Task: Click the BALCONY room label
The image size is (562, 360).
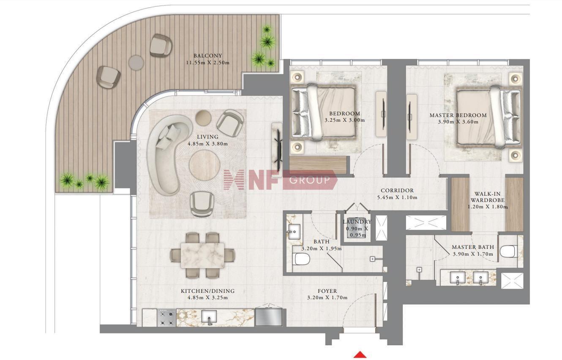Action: [x=207, y=56]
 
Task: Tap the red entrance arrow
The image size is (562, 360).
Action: [x=360, y=355]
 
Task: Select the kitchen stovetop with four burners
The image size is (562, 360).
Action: [x=166, y=318]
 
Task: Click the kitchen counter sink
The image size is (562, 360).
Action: [x=209, y=318]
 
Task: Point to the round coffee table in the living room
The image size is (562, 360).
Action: [x=205, y=165]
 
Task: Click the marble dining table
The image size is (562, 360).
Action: [x=202, y=255]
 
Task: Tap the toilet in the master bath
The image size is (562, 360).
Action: [x=508, y=251]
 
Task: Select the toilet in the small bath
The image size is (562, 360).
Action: [x=302, y=259]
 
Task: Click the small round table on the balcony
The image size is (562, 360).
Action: [x=136, y=63]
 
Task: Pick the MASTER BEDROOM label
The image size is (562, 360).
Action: [x=458, y=115]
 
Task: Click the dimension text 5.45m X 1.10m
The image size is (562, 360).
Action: [x=397, y=197]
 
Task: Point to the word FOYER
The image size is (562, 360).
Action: [x=327, y=291]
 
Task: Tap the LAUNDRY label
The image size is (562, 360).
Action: [x=357, y=222]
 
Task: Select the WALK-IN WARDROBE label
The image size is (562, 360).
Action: [x=487, y=197]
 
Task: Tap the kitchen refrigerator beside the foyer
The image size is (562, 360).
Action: [x=269, y=317]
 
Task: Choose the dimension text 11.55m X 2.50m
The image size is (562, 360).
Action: [x=208, y=63]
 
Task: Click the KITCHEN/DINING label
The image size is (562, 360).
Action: [x=208, y=291]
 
